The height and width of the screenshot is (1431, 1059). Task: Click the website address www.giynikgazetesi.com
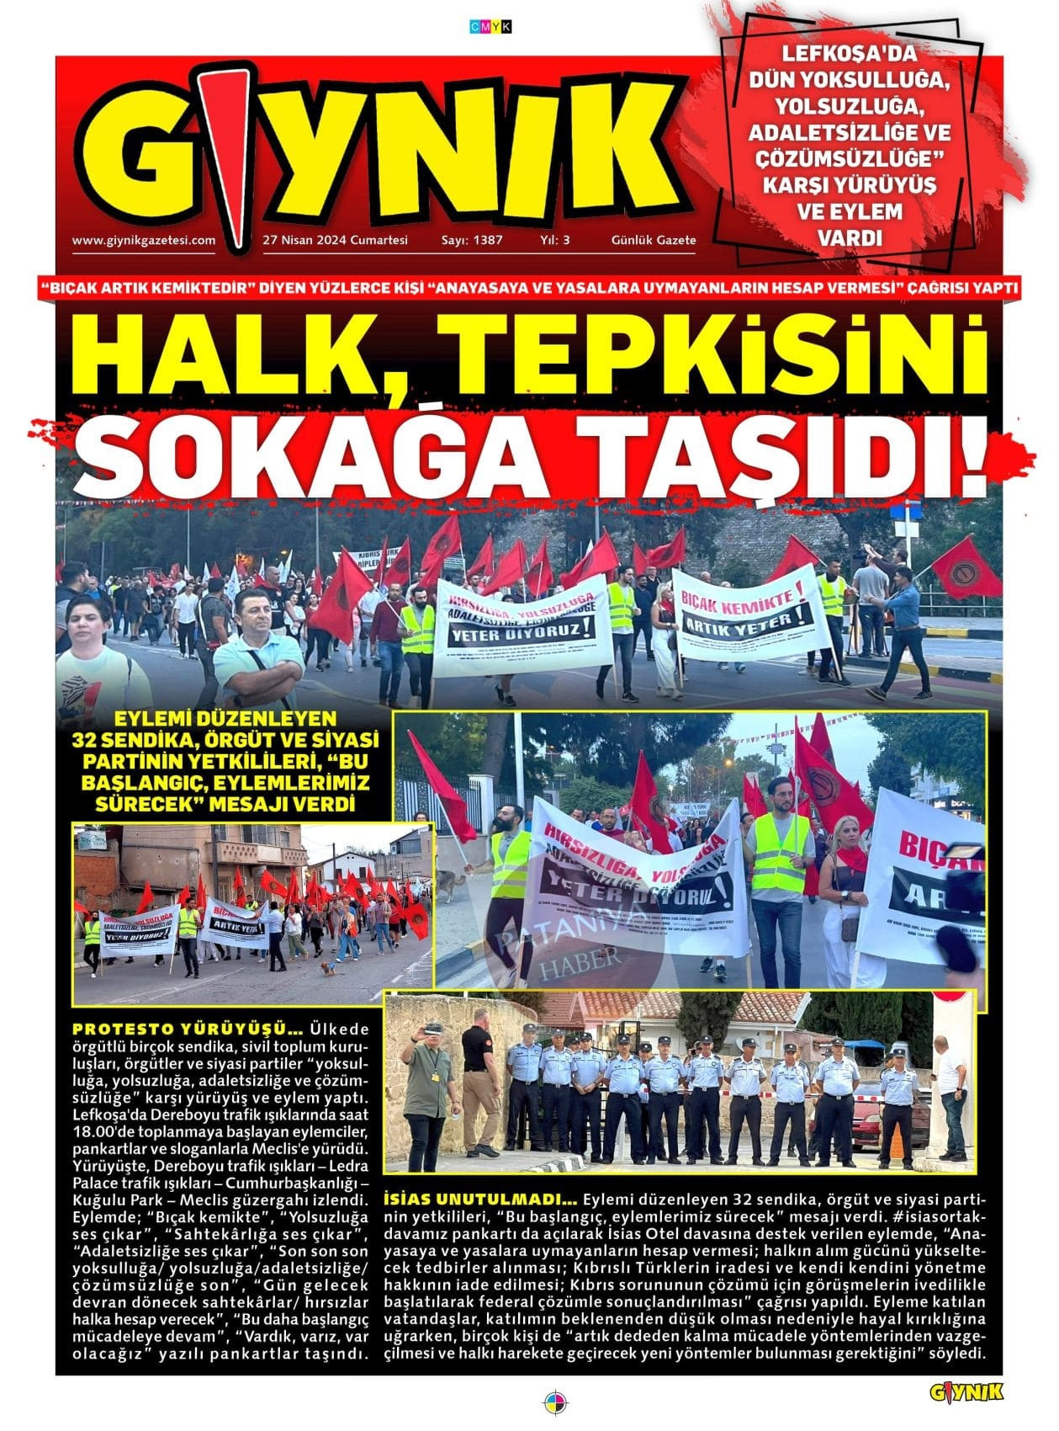tap(144, 240)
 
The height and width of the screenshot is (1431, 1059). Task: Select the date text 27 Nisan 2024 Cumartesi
tap(335, 240)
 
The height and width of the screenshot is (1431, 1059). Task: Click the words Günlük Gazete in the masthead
tap(654, 240)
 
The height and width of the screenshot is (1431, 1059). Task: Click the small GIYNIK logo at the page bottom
tap(966, 1393)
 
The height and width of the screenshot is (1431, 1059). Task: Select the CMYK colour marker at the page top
tap(490, 28)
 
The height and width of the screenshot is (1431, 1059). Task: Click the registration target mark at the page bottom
tap(555, 1403)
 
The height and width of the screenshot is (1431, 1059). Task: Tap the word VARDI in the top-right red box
tap(850, 238)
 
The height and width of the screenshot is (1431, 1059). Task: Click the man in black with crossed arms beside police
tap(483, 1082)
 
